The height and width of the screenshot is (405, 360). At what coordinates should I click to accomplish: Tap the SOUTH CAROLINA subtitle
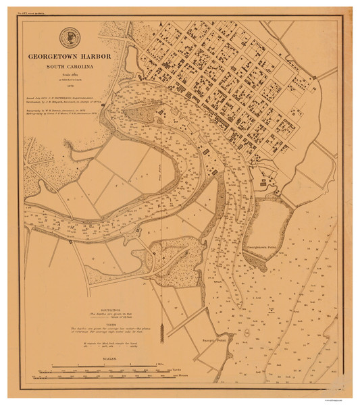70,68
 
